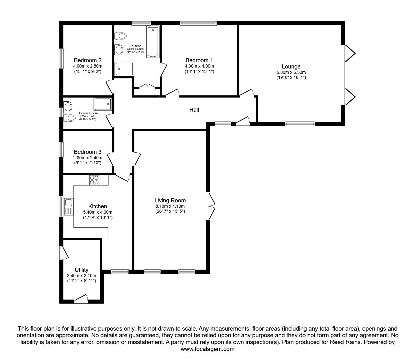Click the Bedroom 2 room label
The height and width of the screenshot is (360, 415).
(x=87, y=60)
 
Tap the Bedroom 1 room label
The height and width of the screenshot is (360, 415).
(x=199, y=60)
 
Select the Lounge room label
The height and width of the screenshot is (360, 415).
(x=291, y=67)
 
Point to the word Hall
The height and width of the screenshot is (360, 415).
(x=194, y=110)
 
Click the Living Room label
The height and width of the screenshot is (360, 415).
(x=170, y=200)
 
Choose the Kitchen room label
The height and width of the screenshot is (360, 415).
(x=97, y=206)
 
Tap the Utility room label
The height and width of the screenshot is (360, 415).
(x=82, y=270)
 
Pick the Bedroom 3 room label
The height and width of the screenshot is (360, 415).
(x=87, y=152)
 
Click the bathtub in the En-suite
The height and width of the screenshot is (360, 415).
(x=153, y=42)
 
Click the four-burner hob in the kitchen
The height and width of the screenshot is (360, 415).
(x=94, y=180)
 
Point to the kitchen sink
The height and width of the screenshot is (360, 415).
(x=69, y=207)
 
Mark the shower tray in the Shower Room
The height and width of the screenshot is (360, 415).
(x=103, y=104)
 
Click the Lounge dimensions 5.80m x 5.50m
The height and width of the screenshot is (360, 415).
(x=291, y=72)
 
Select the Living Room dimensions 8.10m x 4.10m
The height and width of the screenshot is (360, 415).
(x=170, y=206)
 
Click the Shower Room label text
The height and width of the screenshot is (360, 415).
(x=87, y=113)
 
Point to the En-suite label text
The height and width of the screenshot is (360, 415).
(x=135, y=46)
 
